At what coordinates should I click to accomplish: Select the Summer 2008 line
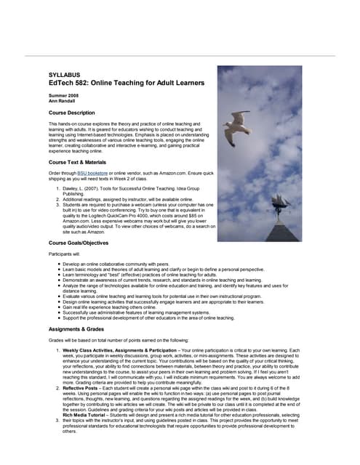pos(63,97)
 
